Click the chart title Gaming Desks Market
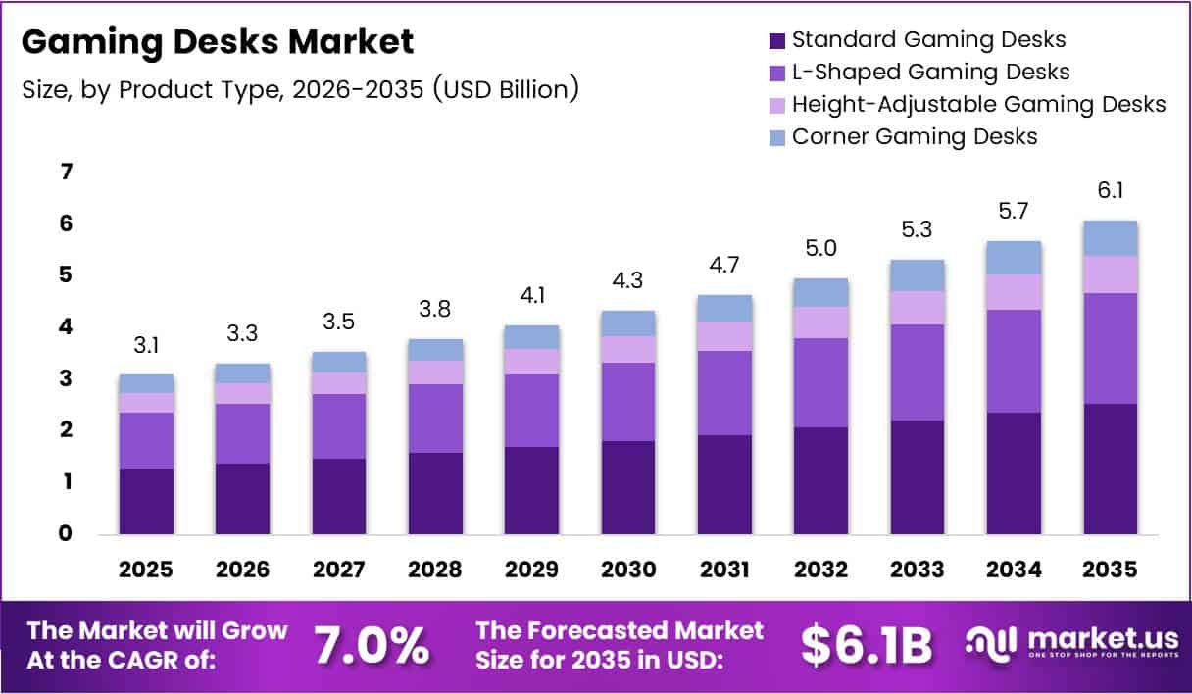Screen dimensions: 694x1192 click(218, 42)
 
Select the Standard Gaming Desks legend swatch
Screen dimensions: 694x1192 click(777, 41)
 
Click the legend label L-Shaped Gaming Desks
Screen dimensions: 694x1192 click(930, 72)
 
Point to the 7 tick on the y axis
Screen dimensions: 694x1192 click(67, 173)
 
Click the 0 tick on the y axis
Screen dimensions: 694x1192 click(67, 534)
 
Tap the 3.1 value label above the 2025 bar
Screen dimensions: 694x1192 click(146, 345)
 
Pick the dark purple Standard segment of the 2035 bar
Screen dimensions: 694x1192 click(1111, 469)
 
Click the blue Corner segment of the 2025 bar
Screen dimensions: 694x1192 click(146, 383)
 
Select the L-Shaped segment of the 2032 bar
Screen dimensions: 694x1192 click(821, 382)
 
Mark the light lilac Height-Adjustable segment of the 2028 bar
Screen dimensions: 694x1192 click(436, 372)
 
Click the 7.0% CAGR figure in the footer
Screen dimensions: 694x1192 click(372, 645)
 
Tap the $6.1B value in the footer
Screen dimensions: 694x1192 click(867, 645)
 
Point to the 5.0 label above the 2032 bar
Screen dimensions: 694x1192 click(821, 249)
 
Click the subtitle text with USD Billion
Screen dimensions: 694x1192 click(300, 89)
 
